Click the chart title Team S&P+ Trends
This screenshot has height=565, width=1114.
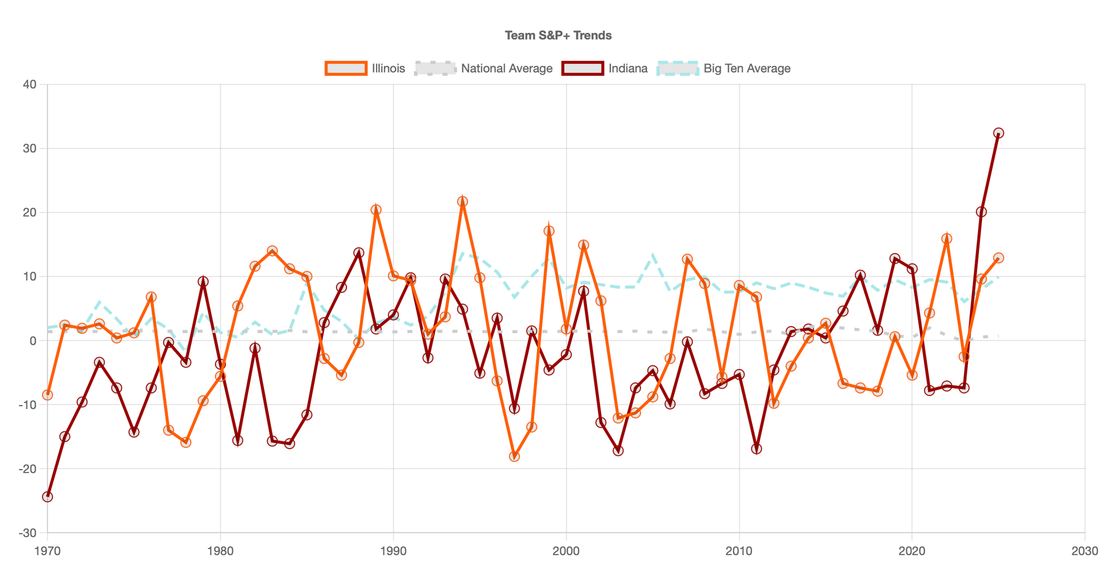pos(558,36)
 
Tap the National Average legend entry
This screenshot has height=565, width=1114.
pos(484,69)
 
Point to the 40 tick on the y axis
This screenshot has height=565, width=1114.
pos(30,85)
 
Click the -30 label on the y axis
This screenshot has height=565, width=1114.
pos(27,533)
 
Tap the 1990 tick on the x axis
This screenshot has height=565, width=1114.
pos(393,551)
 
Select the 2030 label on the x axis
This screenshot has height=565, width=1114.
pos(1084,551)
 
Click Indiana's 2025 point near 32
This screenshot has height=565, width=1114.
pos(999,133)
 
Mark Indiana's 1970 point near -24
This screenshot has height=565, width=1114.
pos(47,496)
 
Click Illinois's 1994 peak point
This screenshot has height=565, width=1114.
pos(462,202)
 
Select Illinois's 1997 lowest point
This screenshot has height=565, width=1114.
pos(515,456)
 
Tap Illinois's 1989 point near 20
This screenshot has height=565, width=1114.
pos(376,210)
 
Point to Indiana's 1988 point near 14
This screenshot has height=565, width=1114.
pos(359,253)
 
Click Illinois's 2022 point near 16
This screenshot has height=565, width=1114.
pos(946,238)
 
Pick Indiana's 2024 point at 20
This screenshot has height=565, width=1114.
pos(981,212)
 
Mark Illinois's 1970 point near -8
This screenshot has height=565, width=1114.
pos(47,395)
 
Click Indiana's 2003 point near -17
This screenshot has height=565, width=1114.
pos(618,450)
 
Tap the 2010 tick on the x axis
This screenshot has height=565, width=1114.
pos(739,551)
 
